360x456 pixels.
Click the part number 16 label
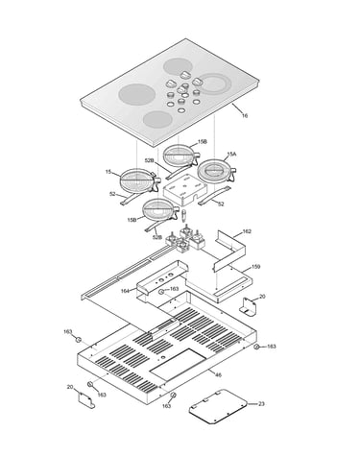(x=245, y=115)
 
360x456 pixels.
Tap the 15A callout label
(x=231, y=155)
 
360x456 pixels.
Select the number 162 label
(x=247, y=231)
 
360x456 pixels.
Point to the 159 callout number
(x=255, y=267)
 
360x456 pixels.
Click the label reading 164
(x=125, y=291)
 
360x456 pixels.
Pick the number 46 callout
(x=218, y=374)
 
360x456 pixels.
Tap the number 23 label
(x=261, y=404)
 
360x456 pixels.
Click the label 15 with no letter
(x=108, y=172)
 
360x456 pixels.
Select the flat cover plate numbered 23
(x=218, y=406)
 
